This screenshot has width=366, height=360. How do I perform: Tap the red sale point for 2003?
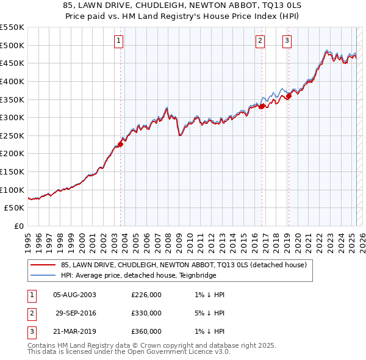click(120, 144)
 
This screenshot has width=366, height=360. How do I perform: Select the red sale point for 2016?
click(262, 106)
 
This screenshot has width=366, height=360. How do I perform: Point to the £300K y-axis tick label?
click(12, 117)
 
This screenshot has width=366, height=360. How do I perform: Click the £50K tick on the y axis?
click(15, 208)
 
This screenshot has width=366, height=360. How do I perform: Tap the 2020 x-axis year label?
click(298, 240)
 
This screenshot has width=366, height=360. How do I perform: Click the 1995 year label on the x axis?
click(28, 240)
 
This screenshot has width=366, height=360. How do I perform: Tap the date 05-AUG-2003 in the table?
click(74, 295)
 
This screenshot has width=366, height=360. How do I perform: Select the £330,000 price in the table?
click(146, 314)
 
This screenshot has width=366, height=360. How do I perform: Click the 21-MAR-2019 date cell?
click(74, 332)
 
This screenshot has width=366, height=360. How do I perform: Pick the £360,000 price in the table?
click(146, 332)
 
